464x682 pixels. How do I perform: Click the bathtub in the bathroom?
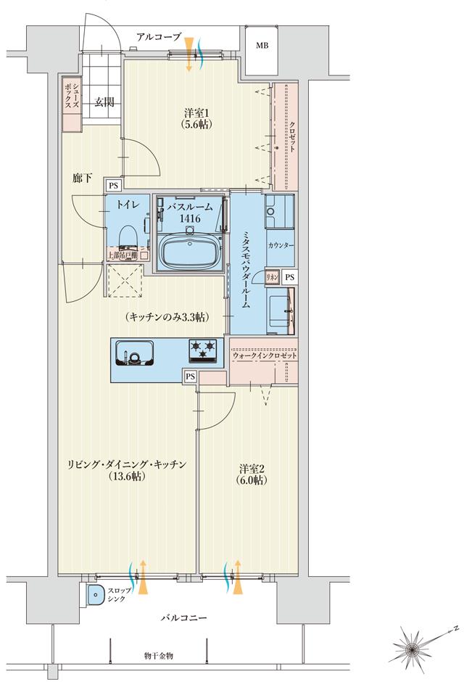[x=188, y=251]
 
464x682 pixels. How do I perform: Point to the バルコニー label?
[x=184, y=618]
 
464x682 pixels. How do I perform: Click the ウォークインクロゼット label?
[x=265, y=356]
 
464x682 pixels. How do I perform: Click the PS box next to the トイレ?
[x=112, y=186]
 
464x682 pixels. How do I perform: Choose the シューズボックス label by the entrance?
[x=70, y=96]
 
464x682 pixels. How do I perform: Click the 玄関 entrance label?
[x=101, y=102]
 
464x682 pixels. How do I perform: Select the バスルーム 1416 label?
[x=189, y=211]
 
